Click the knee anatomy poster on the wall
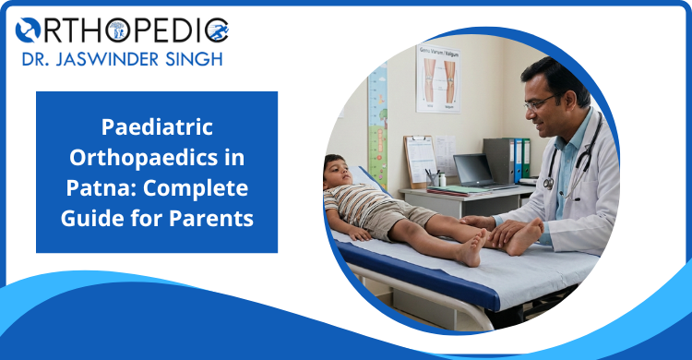pos(438,78)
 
